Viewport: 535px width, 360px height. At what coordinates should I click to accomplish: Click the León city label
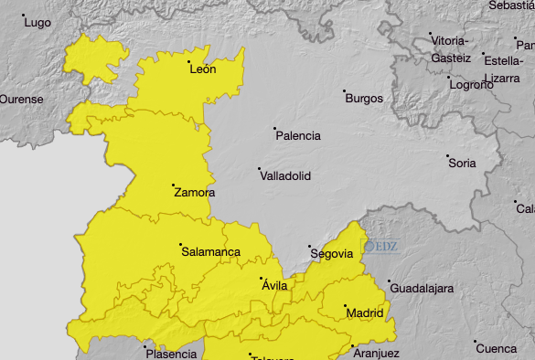tap(202, 69)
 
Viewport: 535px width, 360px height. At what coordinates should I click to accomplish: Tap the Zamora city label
tap(194, 193)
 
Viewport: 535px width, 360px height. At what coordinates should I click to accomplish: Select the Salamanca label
tap(210, 251)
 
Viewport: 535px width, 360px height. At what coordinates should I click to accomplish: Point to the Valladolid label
tap(286, 175)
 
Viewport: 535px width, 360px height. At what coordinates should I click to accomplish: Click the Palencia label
tap(298, 136)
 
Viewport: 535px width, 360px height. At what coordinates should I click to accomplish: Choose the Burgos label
tap(364, 98)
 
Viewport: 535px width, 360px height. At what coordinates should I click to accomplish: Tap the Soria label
tap(462, 164)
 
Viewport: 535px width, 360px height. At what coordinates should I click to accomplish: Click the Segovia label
tap(331, 254)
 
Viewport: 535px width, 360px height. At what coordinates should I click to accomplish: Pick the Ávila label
tap(274, 286)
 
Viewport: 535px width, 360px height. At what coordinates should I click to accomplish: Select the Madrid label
tap(365, 313)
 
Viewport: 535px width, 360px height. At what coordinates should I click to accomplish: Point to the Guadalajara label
tap(422, 289)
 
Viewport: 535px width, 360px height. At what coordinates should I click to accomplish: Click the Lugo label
tap(37, 23)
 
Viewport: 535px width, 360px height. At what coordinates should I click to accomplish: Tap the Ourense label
tap(21, 99)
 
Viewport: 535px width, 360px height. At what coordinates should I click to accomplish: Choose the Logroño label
tap(470, 84)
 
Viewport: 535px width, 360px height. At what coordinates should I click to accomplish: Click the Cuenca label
tap(497, 348)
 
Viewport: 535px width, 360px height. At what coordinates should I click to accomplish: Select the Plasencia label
tap(171, 354)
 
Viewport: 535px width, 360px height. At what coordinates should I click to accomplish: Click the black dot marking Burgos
tap(345, 91)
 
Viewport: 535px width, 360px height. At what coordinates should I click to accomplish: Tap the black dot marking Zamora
tap(173, 185)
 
